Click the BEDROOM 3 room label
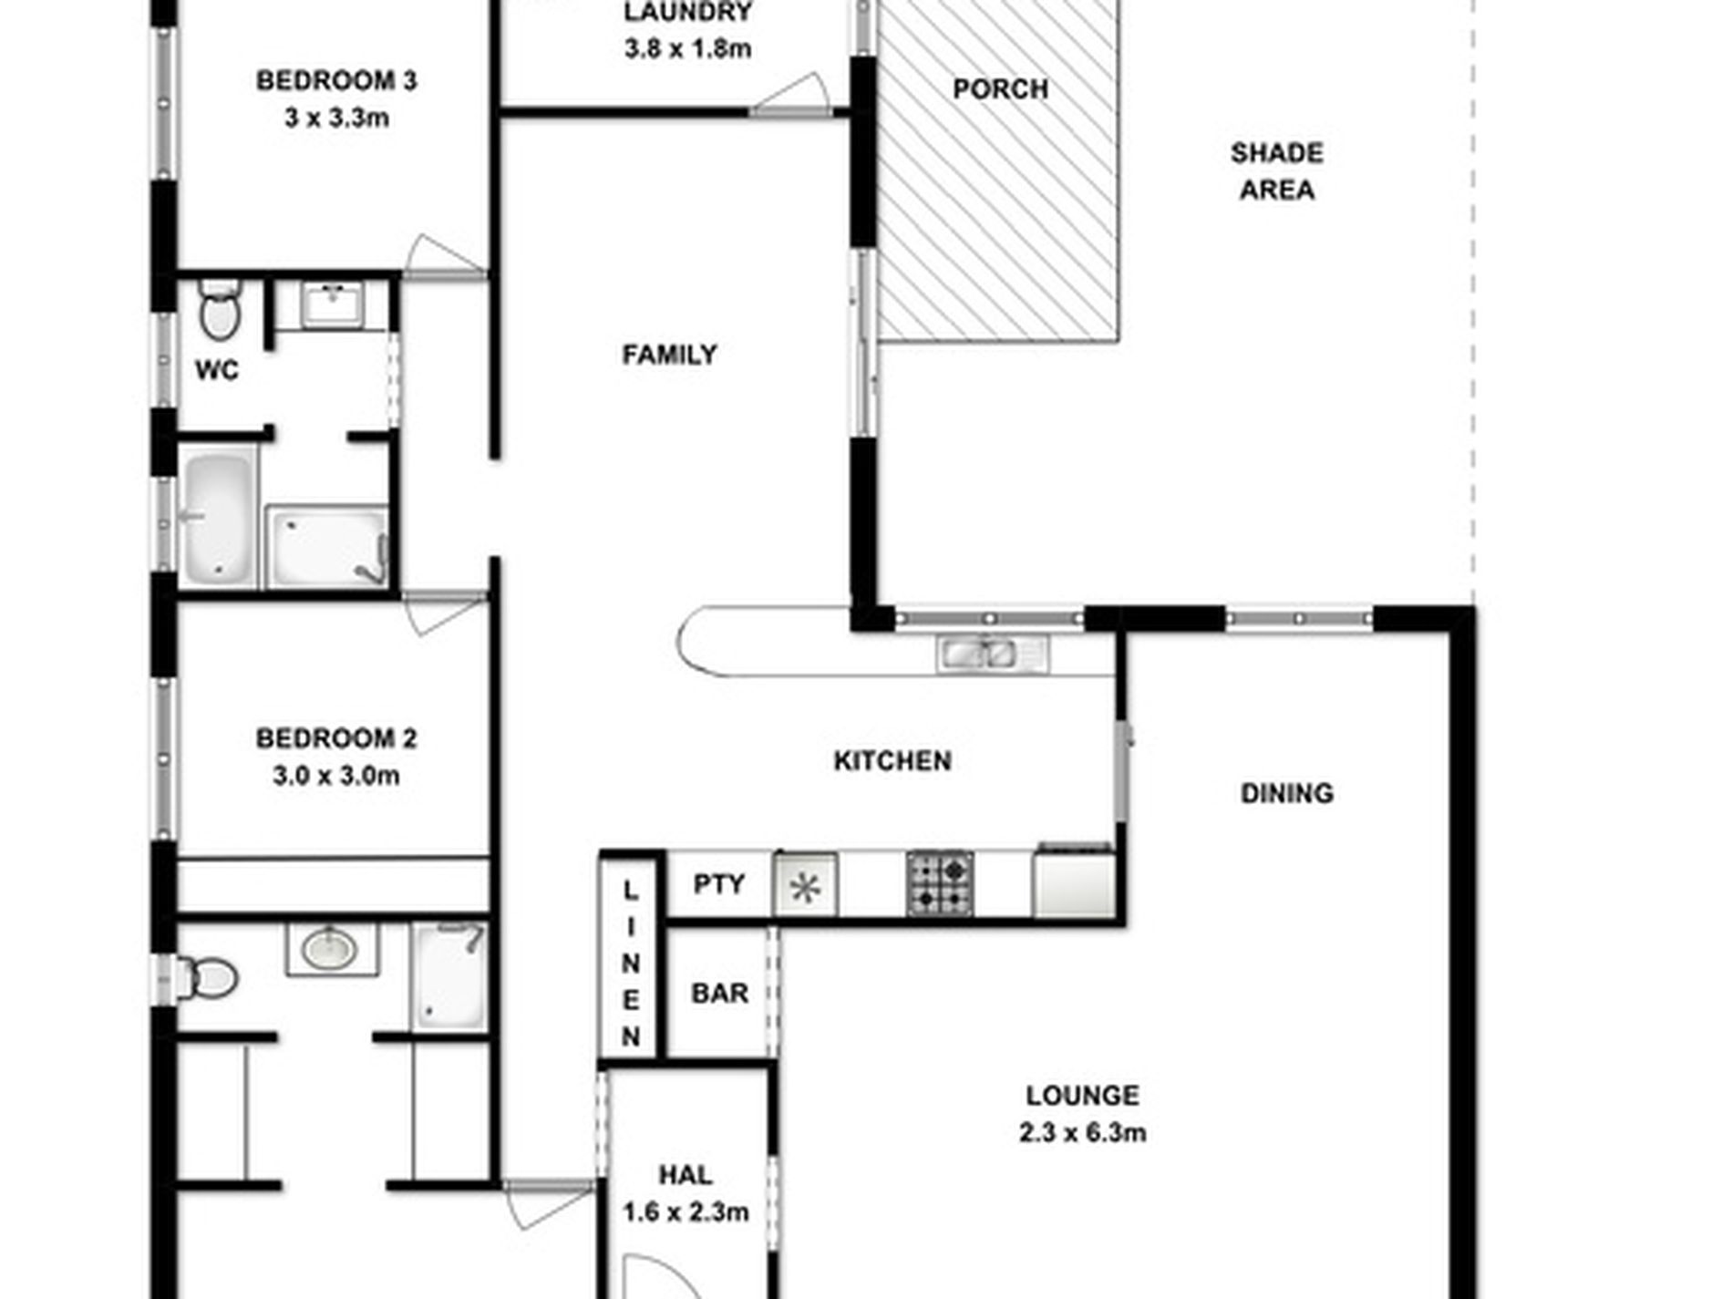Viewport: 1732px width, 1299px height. pos(336,81)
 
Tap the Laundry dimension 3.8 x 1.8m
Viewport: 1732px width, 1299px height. pos(687,48)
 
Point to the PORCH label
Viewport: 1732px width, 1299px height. pos(1000,89)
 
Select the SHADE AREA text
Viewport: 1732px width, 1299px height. pos(1276,171)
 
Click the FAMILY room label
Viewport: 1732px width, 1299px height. pos(669,354)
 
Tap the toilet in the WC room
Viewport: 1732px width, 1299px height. pos(220,311)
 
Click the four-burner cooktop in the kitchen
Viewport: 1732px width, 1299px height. pos(940,883)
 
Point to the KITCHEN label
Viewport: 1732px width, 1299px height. pos(892,760)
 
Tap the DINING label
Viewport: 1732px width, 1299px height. pos(1286,793)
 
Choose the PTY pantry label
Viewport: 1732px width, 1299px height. pos(718,883)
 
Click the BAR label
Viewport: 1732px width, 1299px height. pos(719,993)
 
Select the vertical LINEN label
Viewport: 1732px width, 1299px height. pos(631,963)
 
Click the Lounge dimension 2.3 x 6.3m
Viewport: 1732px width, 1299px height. pos(1082,1133)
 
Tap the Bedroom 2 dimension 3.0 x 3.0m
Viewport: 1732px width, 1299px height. pos(335,776)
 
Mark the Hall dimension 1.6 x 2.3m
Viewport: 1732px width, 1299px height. pos(686,1212)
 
